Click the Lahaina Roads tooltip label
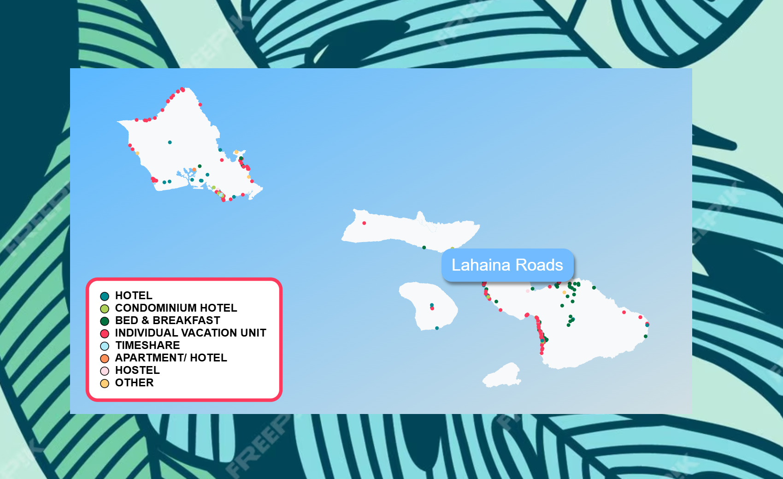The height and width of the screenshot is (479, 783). tap(507, 265)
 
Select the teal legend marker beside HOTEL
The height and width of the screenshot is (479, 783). tap(105, 296)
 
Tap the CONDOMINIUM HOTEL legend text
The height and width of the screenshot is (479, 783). tap(176, 308)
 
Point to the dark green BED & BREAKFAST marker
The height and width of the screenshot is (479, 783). tap(105, 321)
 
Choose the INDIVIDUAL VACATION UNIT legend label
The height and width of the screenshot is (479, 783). tap(190, 333)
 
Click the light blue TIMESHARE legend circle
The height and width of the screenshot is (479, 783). tap(105, 346)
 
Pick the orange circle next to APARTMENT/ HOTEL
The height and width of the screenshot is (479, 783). tap(105, 359)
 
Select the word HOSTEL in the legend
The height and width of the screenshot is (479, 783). tap(137, 370)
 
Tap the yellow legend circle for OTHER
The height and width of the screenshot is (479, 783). tap(105, 384)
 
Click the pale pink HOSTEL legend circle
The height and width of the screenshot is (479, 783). tap(105, 371)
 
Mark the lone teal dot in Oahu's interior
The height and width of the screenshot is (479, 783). tap(170, 142)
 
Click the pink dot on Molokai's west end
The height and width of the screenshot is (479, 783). tap(364, 223)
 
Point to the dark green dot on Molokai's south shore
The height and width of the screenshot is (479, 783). tap(424, 248)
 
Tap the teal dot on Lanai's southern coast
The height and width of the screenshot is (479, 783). tap(437, 328)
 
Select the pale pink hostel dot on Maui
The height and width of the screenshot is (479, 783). tap(528, 291)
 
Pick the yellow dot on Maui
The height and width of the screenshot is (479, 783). tap(564, 292)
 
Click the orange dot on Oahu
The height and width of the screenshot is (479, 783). tap(194, 170)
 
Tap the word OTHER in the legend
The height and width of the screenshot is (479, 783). tap(134, 383)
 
